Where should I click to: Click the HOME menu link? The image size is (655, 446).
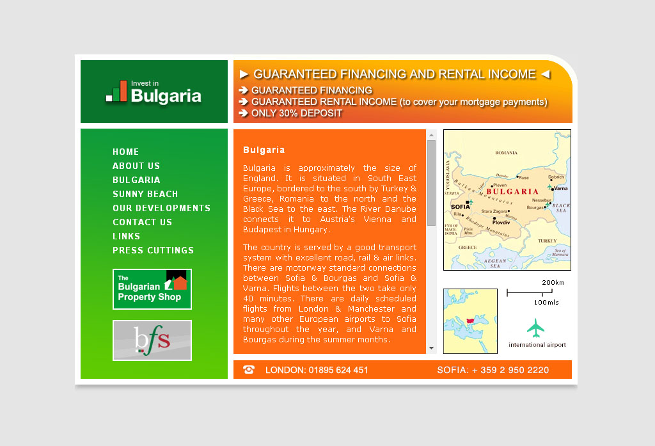tap(125, 152)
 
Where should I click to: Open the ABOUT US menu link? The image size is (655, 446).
tap(136, 166)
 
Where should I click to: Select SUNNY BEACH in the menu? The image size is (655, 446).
tap(145, 194)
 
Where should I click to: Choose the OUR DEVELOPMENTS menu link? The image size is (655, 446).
tap(161, 208)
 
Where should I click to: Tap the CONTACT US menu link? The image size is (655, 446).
tap(142, 222)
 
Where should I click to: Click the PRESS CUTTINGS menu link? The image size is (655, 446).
tap(153, 250)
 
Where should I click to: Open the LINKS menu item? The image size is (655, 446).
tap(126, 236)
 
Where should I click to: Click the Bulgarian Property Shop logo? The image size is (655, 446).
tap(152, 289)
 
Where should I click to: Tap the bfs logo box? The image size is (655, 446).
tap(152, 340)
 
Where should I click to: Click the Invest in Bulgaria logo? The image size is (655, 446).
tap(154, 92)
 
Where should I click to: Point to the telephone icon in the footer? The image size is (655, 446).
tap(249, 370)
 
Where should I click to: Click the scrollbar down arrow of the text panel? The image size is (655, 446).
tap(431, 349)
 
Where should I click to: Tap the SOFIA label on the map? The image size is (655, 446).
tap(460, 207)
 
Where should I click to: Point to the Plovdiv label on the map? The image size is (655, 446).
tap(501, 222)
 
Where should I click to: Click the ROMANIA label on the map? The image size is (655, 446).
tap(506, 153)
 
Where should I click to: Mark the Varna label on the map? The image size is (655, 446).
tap(560, 189)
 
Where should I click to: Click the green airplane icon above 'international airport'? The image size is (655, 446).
tap(536, 328)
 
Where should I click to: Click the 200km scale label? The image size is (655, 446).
tap(553, 282)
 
